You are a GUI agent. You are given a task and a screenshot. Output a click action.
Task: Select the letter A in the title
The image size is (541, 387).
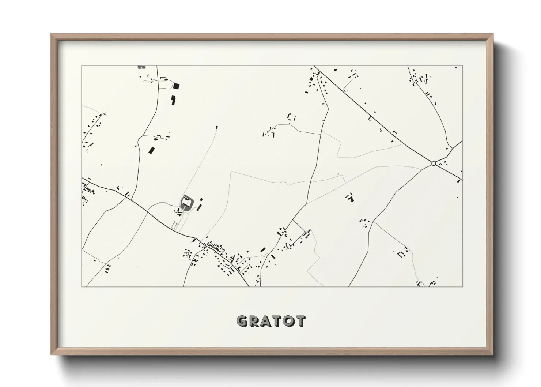266,321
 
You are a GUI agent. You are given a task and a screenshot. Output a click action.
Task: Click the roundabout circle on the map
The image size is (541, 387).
434,164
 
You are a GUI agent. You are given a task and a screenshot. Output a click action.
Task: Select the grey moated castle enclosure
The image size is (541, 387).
186,202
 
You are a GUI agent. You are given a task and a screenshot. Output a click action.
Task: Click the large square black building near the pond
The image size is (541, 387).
177,86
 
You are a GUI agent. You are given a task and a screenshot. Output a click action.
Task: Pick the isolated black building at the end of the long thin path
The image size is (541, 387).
216,127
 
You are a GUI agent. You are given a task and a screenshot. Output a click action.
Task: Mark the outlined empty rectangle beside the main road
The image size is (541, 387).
175,227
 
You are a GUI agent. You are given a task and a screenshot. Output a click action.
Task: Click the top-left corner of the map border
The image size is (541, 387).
82,66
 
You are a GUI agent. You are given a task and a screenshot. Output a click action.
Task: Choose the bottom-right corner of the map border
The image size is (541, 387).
462,286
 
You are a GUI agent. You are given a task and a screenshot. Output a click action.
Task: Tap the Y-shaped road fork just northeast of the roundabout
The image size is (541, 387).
453,148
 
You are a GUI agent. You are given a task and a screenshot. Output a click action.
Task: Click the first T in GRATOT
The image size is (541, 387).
278,321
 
